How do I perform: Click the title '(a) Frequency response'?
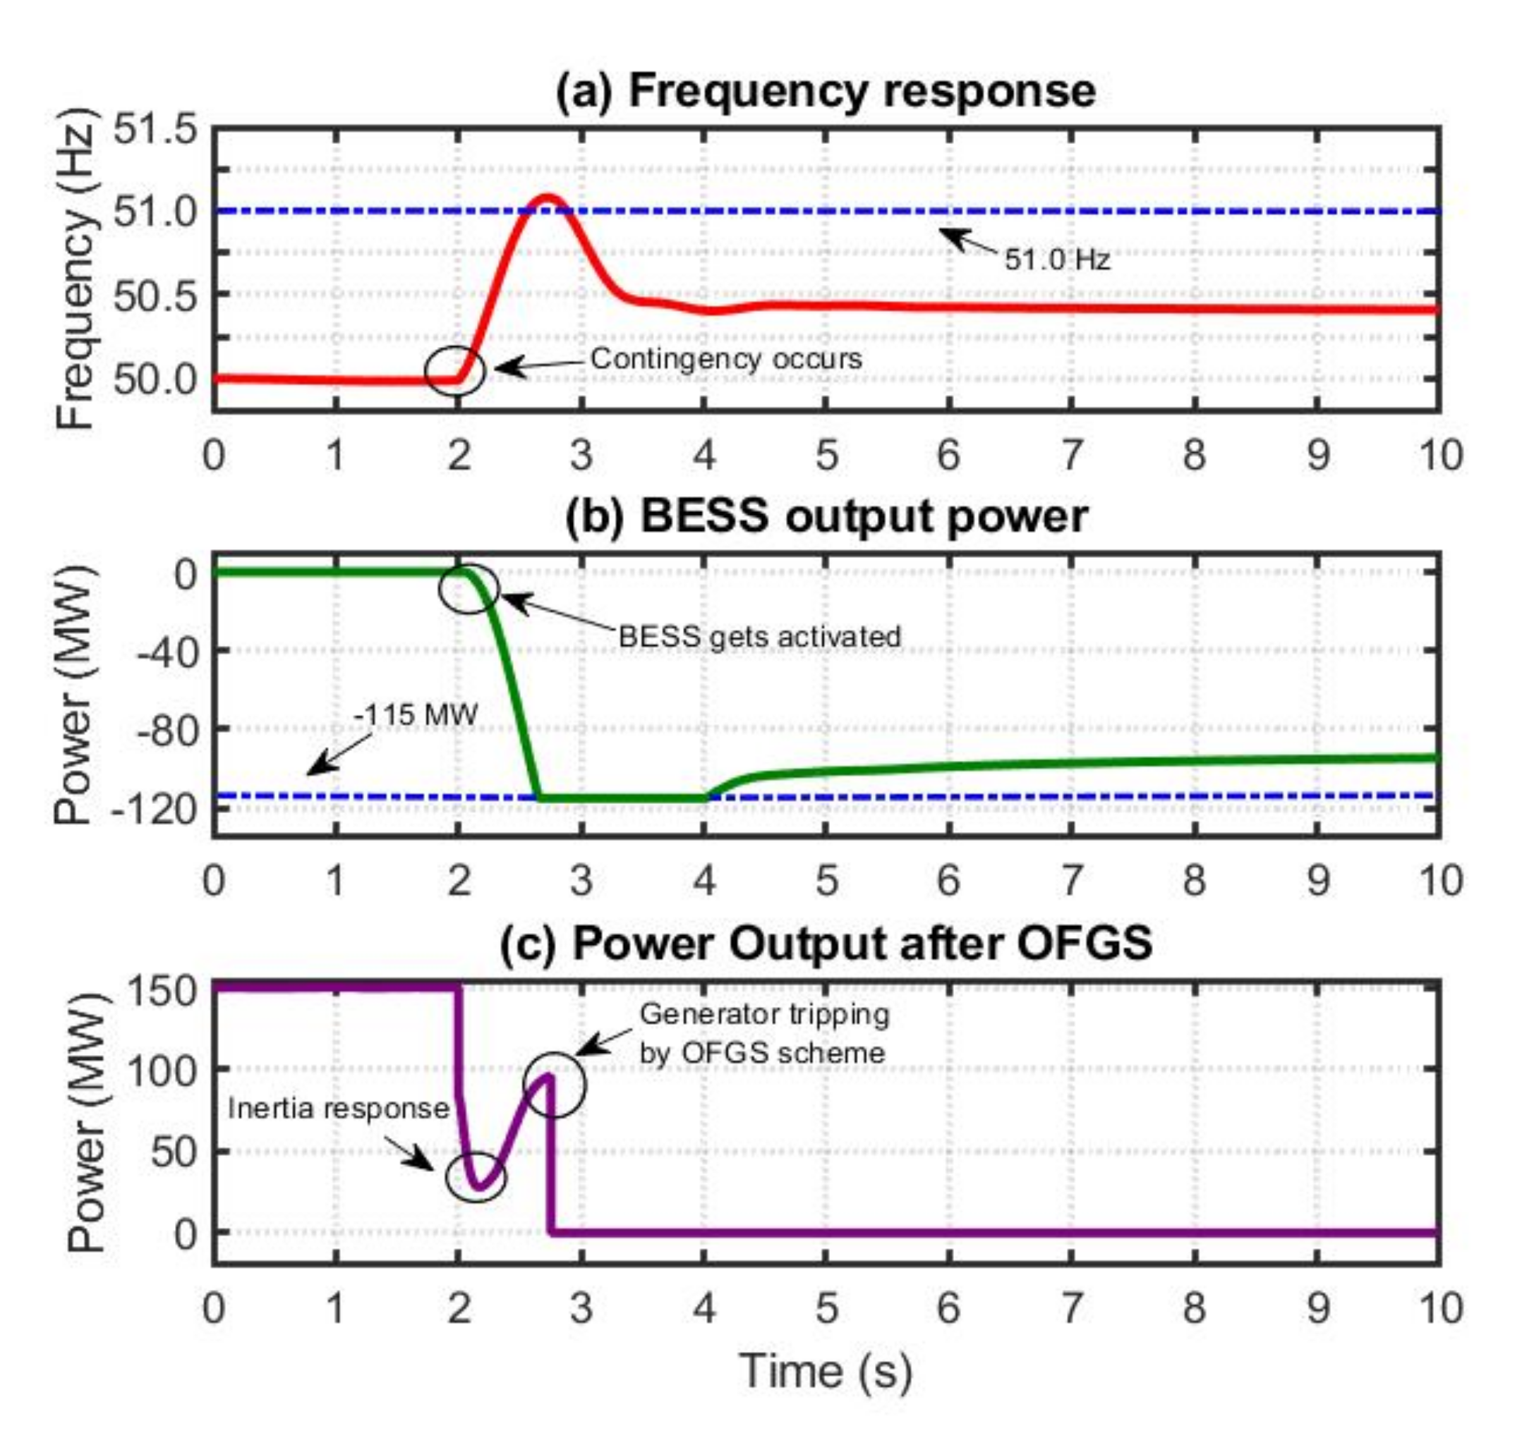[x=826, y=91]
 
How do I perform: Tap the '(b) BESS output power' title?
[x=826, y=516]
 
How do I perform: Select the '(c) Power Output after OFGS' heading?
[x=826, y=942]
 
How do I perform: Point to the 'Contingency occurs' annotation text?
[x=726, y=359]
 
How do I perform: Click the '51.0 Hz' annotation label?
[x=1056, y=260]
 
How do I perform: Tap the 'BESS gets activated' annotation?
[x=759, y=637]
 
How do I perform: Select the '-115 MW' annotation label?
[x=416, y=715]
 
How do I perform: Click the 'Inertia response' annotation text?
[x=338, y=1109]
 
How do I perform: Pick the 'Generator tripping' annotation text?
[x=763, y=1013]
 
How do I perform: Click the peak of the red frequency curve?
[x=547, y=197]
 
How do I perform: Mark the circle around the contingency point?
[x=455, y=370]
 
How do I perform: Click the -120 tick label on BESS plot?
[x=154, y=810]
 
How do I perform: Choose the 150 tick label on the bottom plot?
[x=162, y=989]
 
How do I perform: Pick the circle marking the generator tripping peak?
[x=555, y=1085]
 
